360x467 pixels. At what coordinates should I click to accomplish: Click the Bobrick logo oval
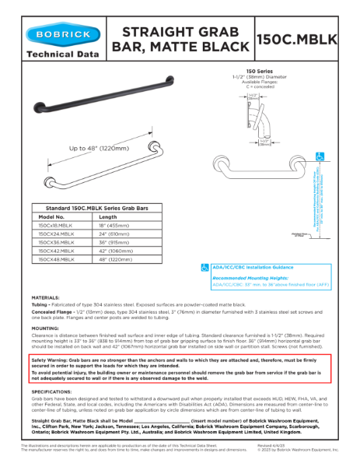click(x=62, y=36)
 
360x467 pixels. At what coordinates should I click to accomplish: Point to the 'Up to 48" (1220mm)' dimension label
click(x=99, y=148)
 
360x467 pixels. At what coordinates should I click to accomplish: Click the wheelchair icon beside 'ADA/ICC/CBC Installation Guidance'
click(x=205, y=267)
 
